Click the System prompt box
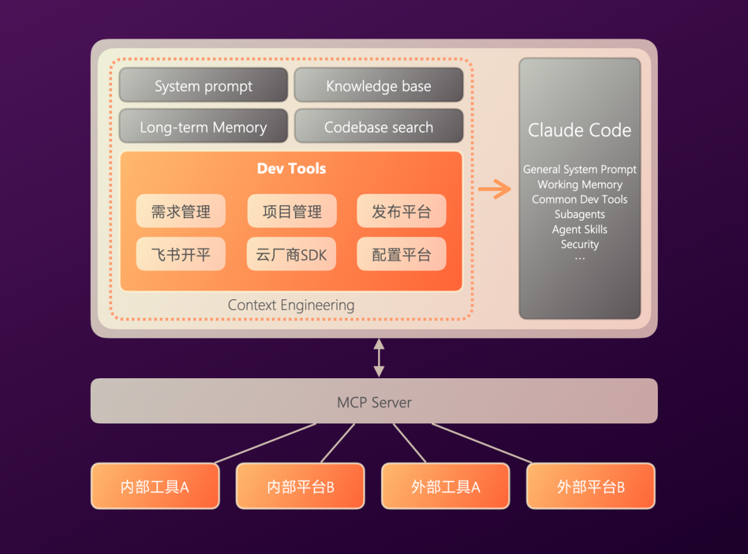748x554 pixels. pos(203,86)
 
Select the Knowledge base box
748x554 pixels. pos(378,86)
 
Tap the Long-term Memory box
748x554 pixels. pos(203,127)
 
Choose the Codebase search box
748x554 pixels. pos(378,127)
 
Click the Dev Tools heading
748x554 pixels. pos(291,168)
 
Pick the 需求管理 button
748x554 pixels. pos(181,211)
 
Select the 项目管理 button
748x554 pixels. pos(292,211)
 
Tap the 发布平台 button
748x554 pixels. pos(401,211)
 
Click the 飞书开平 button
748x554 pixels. pos(181,254)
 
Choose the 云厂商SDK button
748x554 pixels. pos(292,254)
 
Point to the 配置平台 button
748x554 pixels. pos(401,254)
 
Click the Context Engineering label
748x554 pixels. pos(291,305)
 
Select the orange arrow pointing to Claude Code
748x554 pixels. pos(495,188)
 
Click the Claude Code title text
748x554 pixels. pos(580,130)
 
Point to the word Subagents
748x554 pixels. pos(580,215)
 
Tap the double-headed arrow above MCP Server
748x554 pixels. pos(379,357)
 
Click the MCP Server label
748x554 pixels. pos(374,402)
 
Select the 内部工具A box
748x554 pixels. pos(155,486)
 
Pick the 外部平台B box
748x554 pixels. pos(591,486)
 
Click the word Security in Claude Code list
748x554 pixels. pos(580,244)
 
